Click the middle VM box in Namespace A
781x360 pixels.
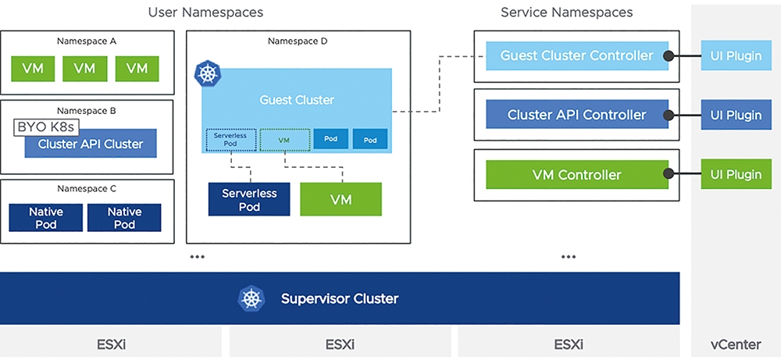(x=84, y=68)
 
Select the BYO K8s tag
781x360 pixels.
(x=46, y=127)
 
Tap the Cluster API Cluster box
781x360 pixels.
(x=91, y=144)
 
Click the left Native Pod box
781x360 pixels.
(x=46, y=218)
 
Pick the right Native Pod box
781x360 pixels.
(x=124, y=218)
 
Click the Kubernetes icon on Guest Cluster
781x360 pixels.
(x=207, y=73)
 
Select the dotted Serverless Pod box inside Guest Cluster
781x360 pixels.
(x=231, y=140)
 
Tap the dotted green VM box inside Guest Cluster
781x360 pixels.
(x=284, y=140)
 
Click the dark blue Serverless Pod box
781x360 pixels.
(x=249, y=199)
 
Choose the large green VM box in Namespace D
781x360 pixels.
(x=341, y=199)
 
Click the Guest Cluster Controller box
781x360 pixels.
(x=577, y=55)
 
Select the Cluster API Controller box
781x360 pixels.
(x=577, y=115)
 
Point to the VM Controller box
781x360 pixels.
(x=577, y=174)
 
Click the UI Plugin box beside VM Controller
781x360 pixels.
(x=736, y=174)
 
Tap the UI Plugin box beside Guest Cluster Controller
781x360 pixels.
(x=736, y=55)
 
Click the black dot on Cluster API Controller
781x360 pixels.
(x=669, y=115)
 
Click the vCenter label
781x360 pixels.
(x=736, y=344)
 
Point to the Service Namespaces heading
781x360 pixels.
(x=567, y=12)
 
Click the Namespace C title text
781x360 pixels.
(x=87, y=189)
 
